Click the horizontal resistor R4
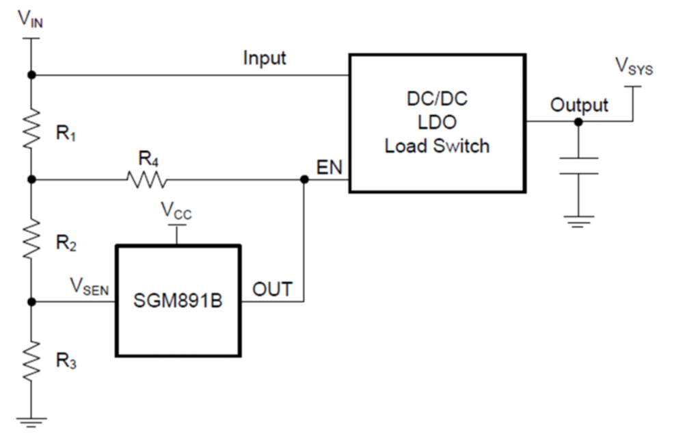click(146, 179)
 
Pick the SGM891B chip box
click(178, 301)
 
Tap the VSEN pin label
click(90, 287)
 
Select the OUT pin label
click(272, 289)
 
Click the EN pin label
click(331, 166)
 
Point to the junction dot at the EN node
click(304, 179)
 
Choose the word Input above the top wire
click(265, 59)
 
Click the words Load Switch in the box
click(437, 146)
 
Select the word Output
click(579, 105)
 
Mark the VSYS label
click(634, 66)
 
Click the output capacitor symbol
click(578, 166)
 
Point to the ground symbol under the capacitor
click(578, 221)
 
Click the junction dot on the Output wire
click(578, 122)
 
